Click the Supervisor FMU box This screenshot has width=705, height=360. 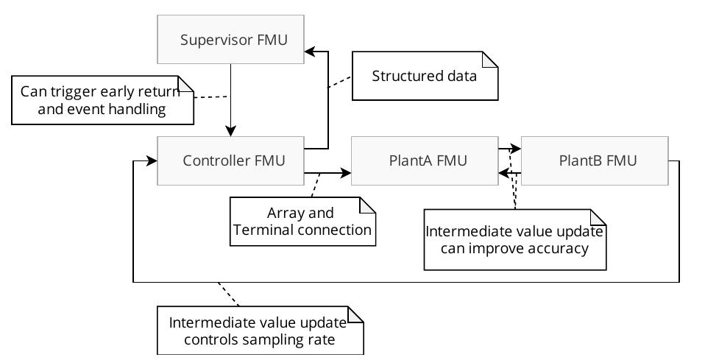click(x=231, y=38)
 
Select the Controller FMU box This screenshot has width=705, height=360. click(x=231, y=160)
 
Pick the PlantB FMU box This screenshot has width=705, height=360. click(x=594, y=160)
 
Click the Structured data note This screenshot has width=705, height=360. click(x=424, y=76)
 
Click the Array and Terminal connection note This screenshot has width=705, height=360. click(x=302, y=222)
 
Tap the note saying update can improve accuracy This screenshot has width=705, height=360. click(x=514, y=239)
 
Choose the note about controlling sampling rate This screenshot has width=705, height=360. click(x=261, y=331)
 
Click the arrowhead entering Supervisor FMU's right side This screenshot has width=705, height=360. click(x=310, y=52)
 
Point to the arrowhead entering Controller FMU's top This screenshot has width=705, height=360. click(x=231, y=132)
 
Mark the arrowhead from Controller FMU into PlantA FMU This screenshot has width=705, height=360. click(x=346, y=174)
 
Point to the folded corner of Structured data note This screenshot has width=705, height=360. click(x=491, y=60)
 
